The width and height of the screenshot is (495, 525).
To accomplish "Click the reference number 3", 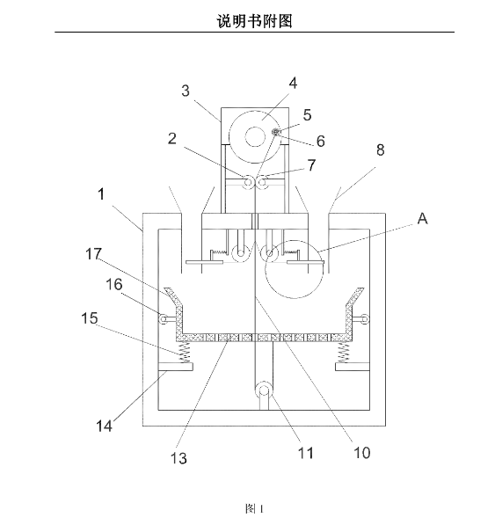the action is coord(186,91).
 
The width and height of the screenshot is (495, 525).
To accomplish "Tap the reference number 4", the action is coord(293,83).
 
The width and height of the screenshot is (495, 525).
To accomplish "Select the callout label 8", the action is coord(380,149).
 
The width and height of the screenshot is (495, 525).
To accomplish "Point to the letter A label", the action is coord(422,218).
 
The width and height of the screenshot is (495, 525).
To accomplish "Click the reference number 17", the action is coord(93,254).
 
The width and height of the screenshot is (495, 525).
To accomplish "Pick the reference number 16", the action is coord(114,284).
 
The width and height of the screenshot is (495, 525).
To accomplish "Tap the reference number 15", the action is coord(90,318).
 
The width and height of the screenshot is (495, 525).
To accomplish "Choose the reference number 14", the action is coord(104,427).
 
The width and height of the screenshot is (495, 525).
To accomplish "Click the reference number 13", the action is coord(178,458).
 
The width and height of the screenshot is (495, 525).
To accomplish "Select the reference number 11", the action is coord(306,453).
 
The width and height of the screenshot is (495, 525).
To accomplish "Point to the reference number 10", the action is coord(362,453).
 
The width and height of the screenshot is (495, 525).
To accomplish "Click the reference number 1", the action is coord(101,194).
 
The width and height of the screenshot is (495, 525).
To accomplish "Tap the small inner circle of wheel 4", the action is coord(255,136).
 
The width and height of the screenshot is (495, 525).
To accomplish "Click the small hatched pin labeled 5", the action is coord(276,132).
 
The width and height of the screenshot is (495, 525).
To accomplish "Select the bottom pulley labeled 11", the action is coord(264,390).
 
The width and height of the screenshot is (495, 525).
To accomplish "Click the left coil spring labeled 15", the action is coord(185,353).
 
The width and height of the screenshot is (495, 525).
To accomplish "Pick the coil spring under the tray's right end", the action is coord(343,353).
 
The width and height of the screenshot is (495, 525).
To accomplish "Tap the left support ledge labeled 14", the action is coord(175,367).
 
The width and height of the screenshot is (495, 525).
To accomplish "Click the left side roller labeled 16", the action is coord(164,319).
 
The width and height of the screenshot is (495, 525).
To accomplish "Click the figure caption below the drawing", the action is coord(254,508).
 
